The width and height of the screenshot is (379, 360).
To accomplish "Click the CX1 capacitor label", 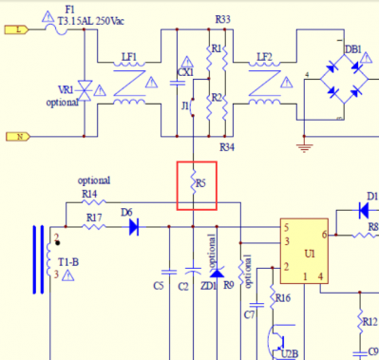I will point(185,71).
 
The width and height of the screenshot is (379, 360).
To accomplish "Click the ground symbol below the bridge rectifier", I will point(304,145).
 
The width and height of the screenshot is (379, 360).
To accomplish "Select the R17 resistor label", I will point(93,218).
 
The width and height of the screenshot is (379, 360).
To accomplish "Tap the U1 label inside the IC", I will point(309,255).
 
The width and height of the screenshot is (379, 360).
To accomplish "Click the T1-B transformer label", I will point(67,261).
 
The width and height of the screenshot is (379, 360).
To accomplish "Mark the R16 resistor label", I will point(282,297).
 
